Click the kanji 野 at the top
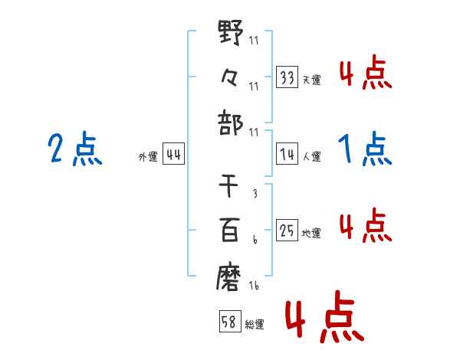231,34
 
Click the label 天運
311,80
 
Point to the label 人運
311,157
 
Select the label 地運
311,233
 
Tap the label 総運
255,325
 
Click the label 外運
147,157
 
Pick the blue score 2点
74,149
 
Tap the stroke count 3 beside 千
255,195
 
